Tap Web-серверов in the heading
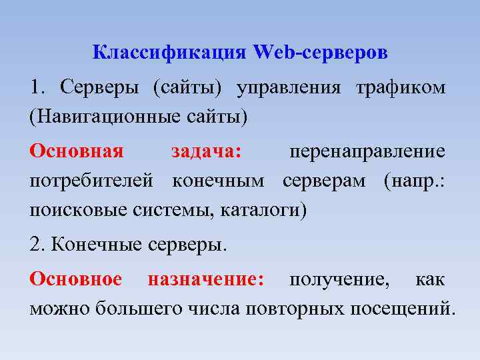coord(320,52)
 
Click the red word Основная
coord(77,151)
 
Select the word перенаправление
coord(367,151)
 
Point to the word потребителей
coord(92,181)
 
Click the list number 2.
coord(37,245)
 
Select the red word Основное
coord(76,279)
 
